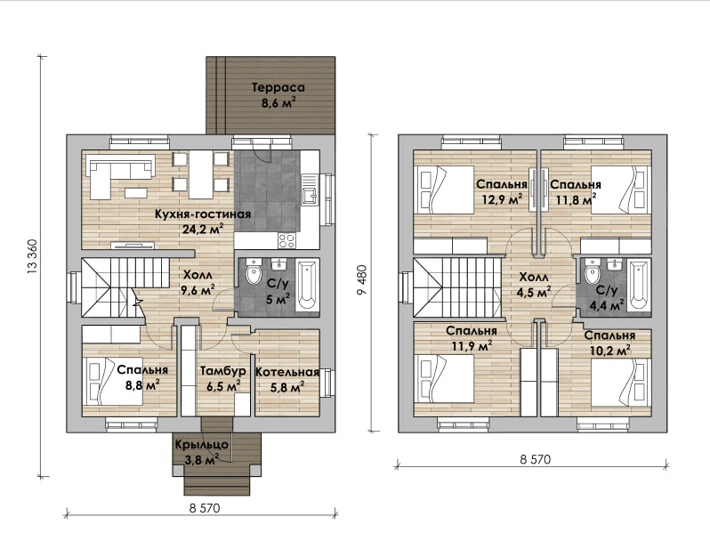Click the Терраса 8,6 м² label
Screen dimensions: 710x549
pyautogui.click(x=278, y=94)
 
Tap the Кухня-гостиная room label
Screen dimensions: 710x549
pyautogui.click(x=203, y=214)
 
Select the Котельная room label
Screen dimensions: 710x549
pyautogui.click(x=287, y=372)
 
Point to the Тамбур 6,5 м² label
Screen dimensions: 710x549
pyautogui.click(x=223, y=379)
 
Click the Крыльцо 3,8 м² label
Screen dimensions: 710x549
pyautogui.click(x=201, y=453)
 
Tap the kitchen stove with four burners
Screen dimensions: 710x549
pyautogui.click(x=287, y=240)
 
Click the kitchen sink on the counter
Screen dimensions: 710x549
pyautogui.click(x=311, y=196)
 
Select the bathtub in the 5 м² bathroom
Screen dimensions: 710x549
pyautogui.click(x=308, y=285)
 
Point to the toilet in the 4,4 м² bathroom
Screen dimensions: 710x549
pyautogui.click(x=592, y=271)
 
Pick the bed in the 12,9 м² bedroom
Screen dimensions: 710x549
pyautogui.click(x=444, y=190)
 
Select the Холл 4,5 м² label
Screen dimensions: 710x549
pyautogui.click(x=534, y=285)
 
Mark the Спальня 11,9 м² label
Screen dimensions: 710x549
pyautogui.click(x=472, y=338)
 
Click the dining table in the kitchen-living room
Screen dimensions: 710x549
pyautogui.click(x=200, y=175)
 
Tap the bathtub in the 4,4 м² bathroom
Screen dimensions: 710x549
pyautogui.click(x=640, y=285)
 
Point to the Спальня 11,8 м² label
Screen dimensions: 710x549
pyautogui.click(x=576, y=191)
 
